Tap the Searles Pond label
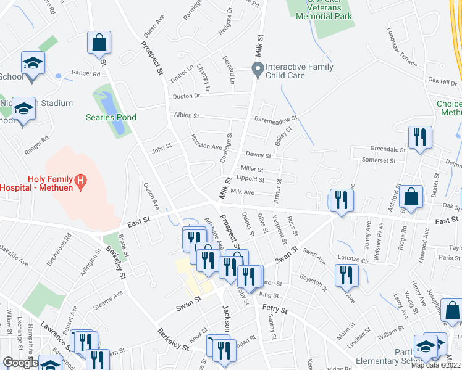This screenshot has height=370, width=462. (111, 117)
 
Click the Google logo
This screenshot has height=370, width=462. (20, 363)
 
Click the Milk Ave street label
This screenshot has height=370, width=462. (243, 192)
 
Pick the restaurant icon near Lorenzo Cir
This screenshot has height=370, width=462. (346, 275)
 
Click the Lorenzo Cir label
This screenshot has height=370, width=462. (353, 259)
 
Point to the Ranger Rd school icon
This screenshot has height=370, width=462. (33, 64)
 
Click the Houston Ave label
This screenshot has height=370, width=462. (206, 143)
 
